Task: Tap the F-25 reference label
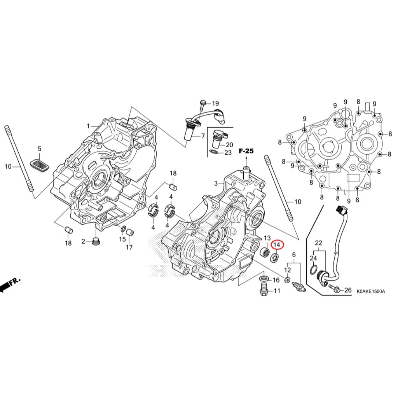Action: pyautogui.click(x=246, y=151)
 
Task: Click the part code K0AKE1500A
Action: pyautogui.click(x=370, y=291)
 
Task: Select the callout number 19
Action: pyautogui.click(x=215, y=103)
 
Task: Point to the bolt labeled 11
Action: pyautogui.click(x=264, y=289)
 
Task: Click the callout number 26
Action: pyautogui.click(x=347, y=290)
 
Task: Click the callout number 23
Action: pyautogui.click(x=228, y=152)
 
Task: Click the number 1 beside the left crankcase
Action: pyautogui.click(x=89, y=126)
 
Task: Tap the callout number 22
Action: pyautogui.click(x=318, y=243)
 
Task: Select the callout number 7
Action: pyautogui.click(x=202, y=136)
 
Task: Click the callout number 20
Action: pyautogui.click(x=229, y=145)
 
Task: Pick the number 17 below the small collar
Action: pyautogui.click(x=129, y=247)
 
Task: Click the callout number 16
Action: pyautogui.click(x=276, y=280)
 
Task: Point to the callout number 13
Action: pyautogui.click(x=267, y=238)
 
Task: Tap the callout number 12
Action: pyautogui.click(x=288, y=270)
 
